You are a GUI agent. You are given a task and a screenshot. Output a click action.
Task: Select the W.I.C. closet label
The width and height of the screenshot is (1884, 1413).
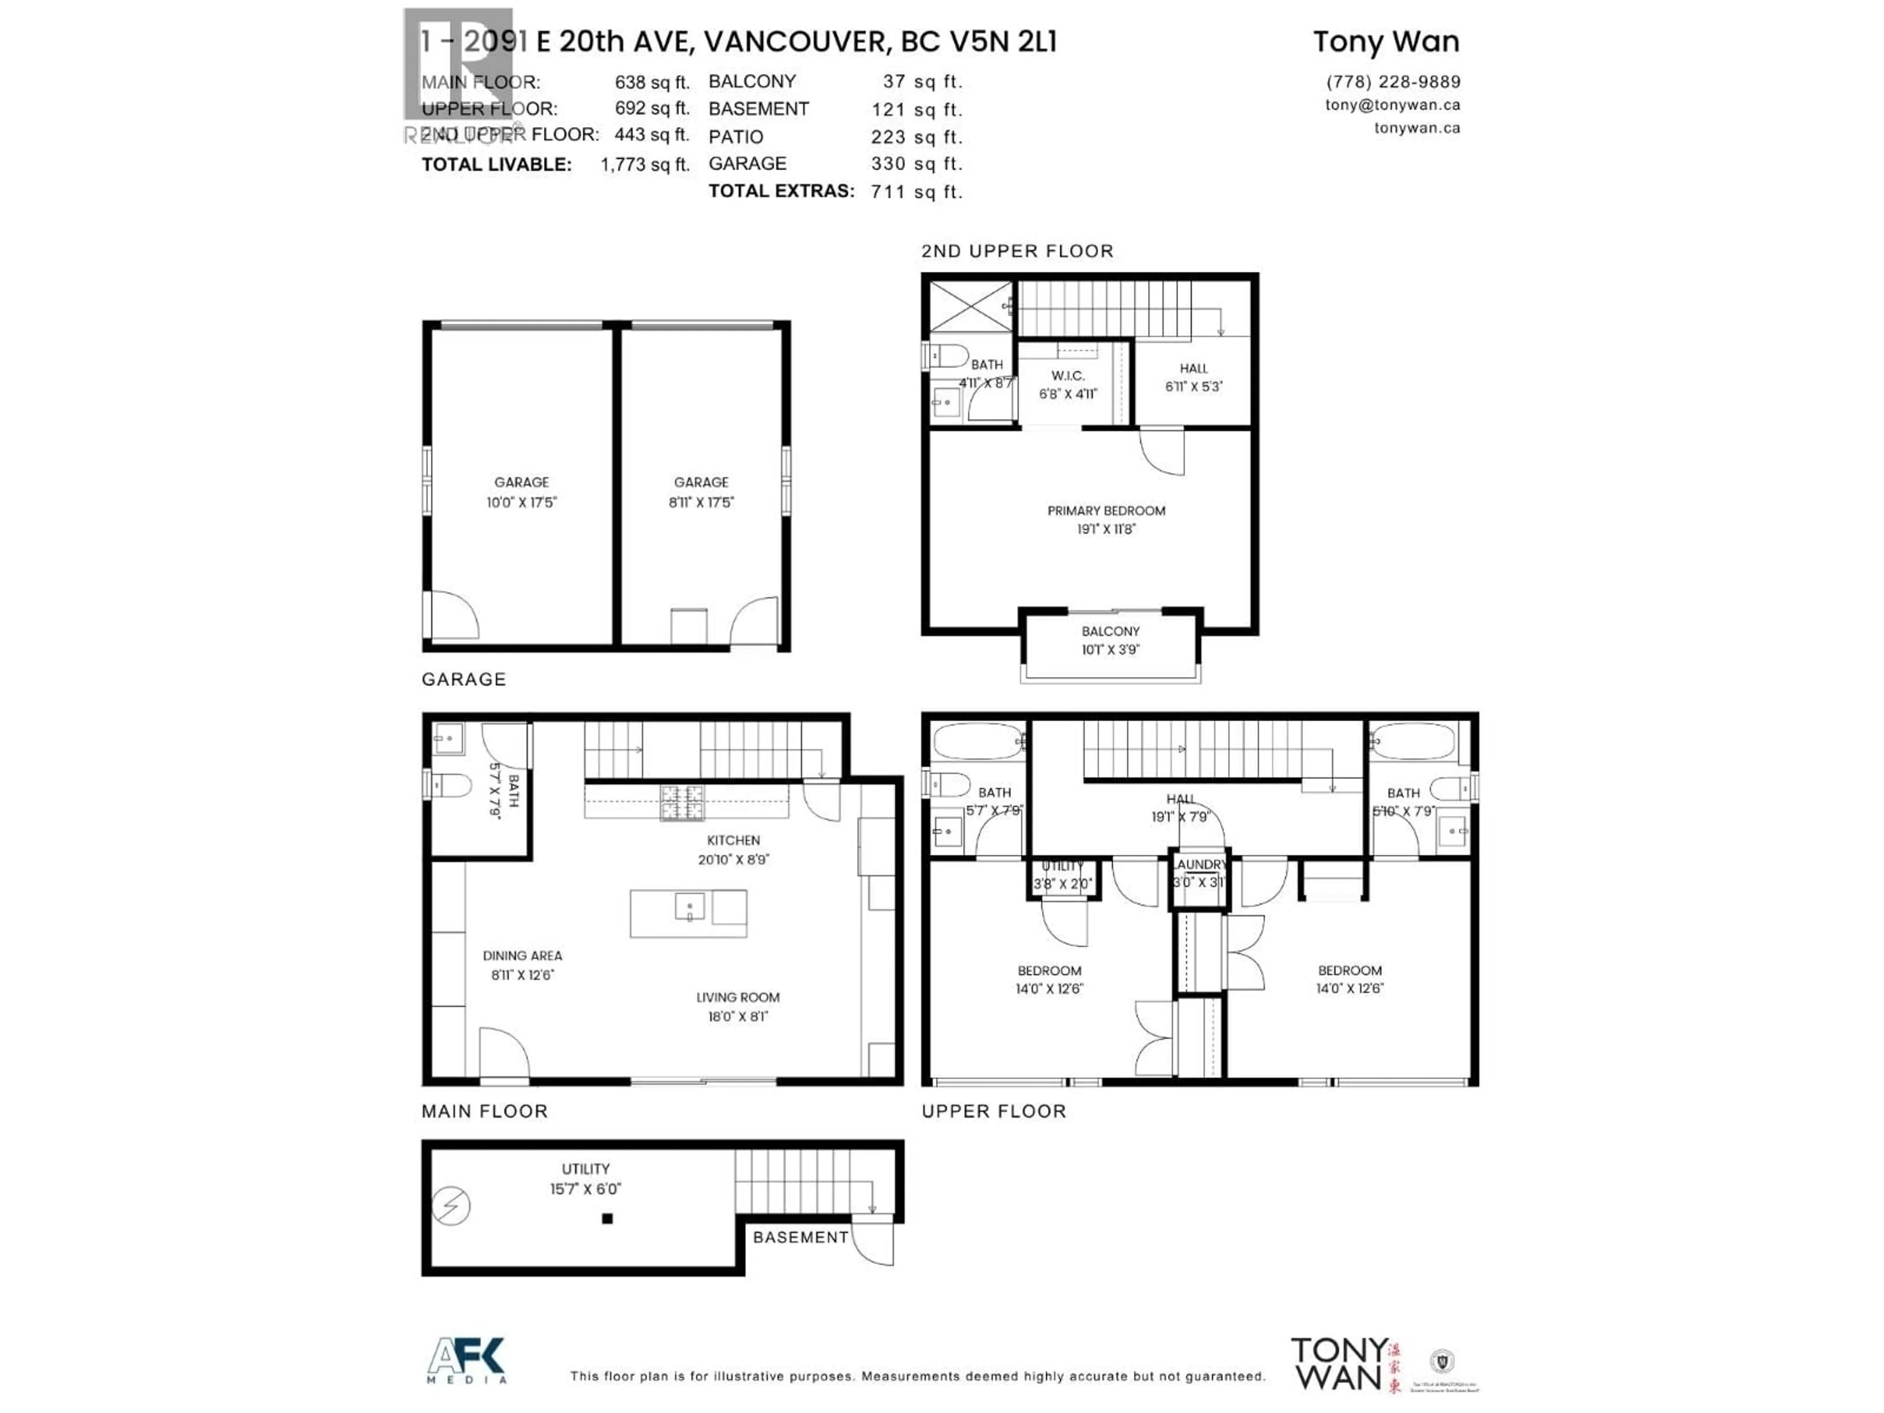[1067, 384]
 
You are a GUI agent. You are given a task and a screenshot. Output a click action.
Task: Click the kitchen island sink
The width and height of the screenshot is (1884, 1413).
[689, 906]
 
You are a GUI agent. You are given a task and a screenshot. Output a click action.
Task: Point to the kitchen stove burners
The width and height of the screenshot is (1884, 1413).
[682, 802]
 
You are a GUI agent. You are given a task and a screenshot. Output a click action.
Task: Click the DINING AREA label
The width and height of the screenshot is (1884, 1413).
[522, 964]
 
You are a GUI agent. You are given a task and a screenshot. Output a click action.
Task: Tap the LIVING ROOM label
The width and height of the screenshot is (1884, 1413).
[737, 1006]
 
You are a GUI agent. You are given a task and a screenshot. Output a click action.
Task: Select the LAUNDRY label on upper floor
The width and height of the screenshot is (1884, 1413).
[1199, 864]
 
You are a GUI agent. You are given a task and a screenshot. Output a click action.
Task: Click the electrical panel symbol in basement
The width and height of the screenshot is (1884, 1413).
[451, 1205]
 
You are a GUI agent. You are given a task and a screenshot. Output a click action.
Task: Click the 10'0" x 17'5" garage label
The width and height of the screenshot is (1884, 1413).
[521, 492]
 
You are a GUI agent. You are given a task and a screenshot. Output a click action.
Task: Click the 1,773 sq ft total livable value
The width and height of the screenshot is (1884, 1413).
[645, 164]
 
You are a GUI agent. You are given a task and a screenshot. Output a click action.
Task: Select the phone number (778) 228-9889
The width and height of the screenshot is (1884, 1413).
[1392, 82]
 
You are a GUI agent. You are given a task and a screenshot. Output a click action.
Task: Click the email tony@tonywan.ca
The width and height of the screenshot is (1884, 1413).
[1392, 105]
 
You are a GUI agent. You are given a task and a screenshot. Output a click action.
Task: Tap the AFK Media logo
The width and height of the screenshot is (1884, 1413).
[467, 1361]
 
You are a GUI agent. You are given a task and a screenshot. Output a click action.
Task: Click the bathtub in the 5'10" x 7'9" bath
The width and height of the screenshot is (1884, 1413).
[1414, 741]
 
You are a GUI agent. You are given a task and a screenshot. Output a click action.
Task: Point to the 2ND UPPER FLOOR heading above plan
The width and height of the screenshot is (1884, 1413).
[1017, 251]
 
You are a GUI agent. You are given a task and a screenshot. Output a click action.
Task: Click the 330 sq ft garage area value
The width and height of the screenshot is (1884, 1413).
[916, 163]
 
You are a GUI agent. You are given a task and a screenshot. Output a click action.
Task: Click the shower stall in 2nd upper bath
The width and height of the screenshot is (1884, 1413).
[969, 307]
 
